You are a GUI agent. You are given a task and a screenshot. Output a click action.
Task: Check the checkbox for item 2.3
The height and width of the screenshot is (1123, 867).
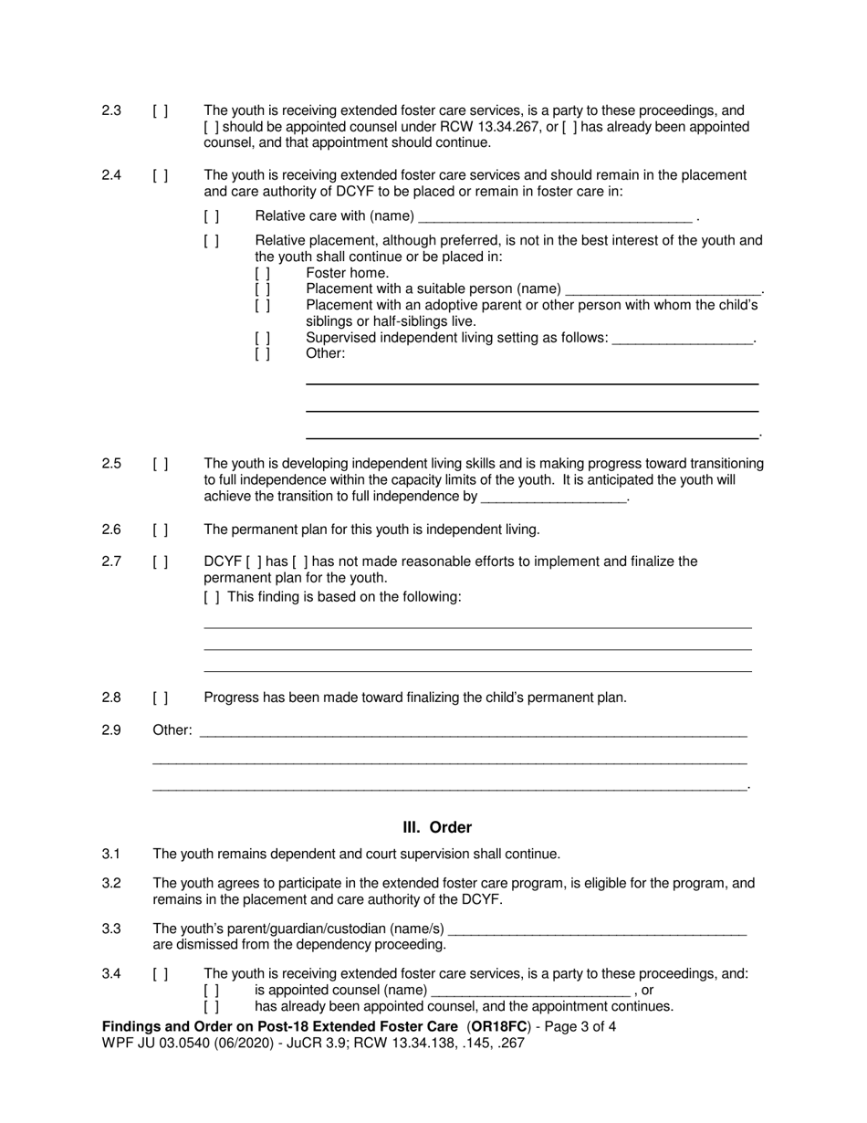(160, 111)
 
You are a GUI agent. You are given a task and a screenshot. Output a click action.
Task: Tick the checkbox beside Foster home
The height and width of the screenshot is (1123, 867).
(263, 273)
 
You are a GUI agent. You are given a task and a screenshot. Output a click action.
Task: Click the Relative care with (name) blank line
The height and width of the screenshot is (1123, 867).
(554, 217)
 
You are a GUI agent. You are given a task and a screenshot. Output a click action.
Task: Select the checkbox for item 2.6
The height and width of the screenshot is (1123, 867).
(160, 530)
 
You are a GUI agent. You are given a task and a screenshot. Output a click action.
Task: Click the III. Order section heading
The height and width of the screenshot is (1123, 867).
(437, 827)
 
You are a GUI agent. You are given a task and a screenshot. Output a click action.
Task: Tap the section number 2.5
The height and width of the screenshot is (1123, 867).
(111, 464)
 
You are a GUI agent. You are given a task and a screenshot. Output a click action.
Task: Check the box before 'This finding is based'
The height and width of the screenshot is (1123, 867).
(212, 597)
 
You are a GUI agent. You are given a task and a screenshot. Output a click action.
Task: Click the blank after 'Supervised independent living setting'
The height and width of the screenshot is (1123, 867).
(683, 339)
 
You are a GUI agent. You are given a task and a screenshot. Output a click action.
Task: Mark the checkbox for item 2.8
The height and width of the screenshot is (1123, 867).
(160, 698)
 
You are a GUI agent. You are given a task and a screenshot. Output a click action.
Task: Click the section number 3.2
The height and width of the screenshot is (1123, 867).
(111, 883)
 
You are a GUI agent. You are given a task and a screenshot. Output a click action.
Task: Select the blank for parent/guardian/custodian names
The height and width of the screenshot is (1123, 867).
(599, 929)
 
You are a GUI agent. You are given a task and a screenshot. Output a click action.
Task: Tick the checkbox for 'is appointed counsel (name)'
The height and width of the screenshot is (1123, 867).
(212, 990)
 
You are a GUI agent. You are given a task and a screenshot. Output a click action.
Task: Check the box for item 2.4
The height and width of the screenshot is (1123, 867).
(160, 175)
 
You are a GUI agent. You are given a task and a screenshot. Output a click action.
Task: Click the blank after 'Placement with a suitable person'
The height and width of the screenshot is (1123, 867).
(663, 289)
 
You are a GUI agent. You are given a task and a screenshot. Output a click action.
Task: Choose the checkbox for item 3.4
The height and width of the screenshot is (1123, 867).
(160, 974)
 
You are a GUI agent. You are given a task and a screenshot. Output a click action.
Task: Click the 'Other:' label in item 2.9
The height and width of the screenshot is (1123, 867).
(172, 729)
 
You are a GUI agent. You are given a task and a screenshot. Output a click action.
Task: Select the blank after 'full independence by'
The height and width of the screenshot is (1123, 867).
(554, 498)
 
